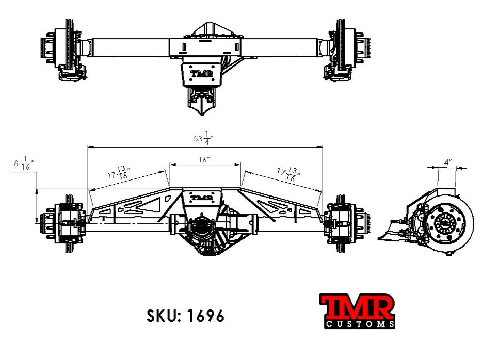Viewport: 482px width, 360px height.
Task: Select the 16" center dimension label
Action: click(204, 160)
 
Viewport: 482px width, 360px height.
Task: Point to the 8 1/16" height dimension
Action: click(24, 165)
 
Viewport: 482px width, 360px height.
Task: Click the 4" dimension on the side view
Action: click(447, 162)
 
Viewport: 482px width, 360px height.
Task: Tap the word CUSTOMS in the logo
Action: click(361, 324)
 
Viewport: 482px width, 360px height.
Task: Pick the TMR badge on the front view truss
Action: click(202, 198)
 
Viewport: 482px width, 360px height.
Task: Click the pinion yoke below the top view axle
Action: click(201, 101)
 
